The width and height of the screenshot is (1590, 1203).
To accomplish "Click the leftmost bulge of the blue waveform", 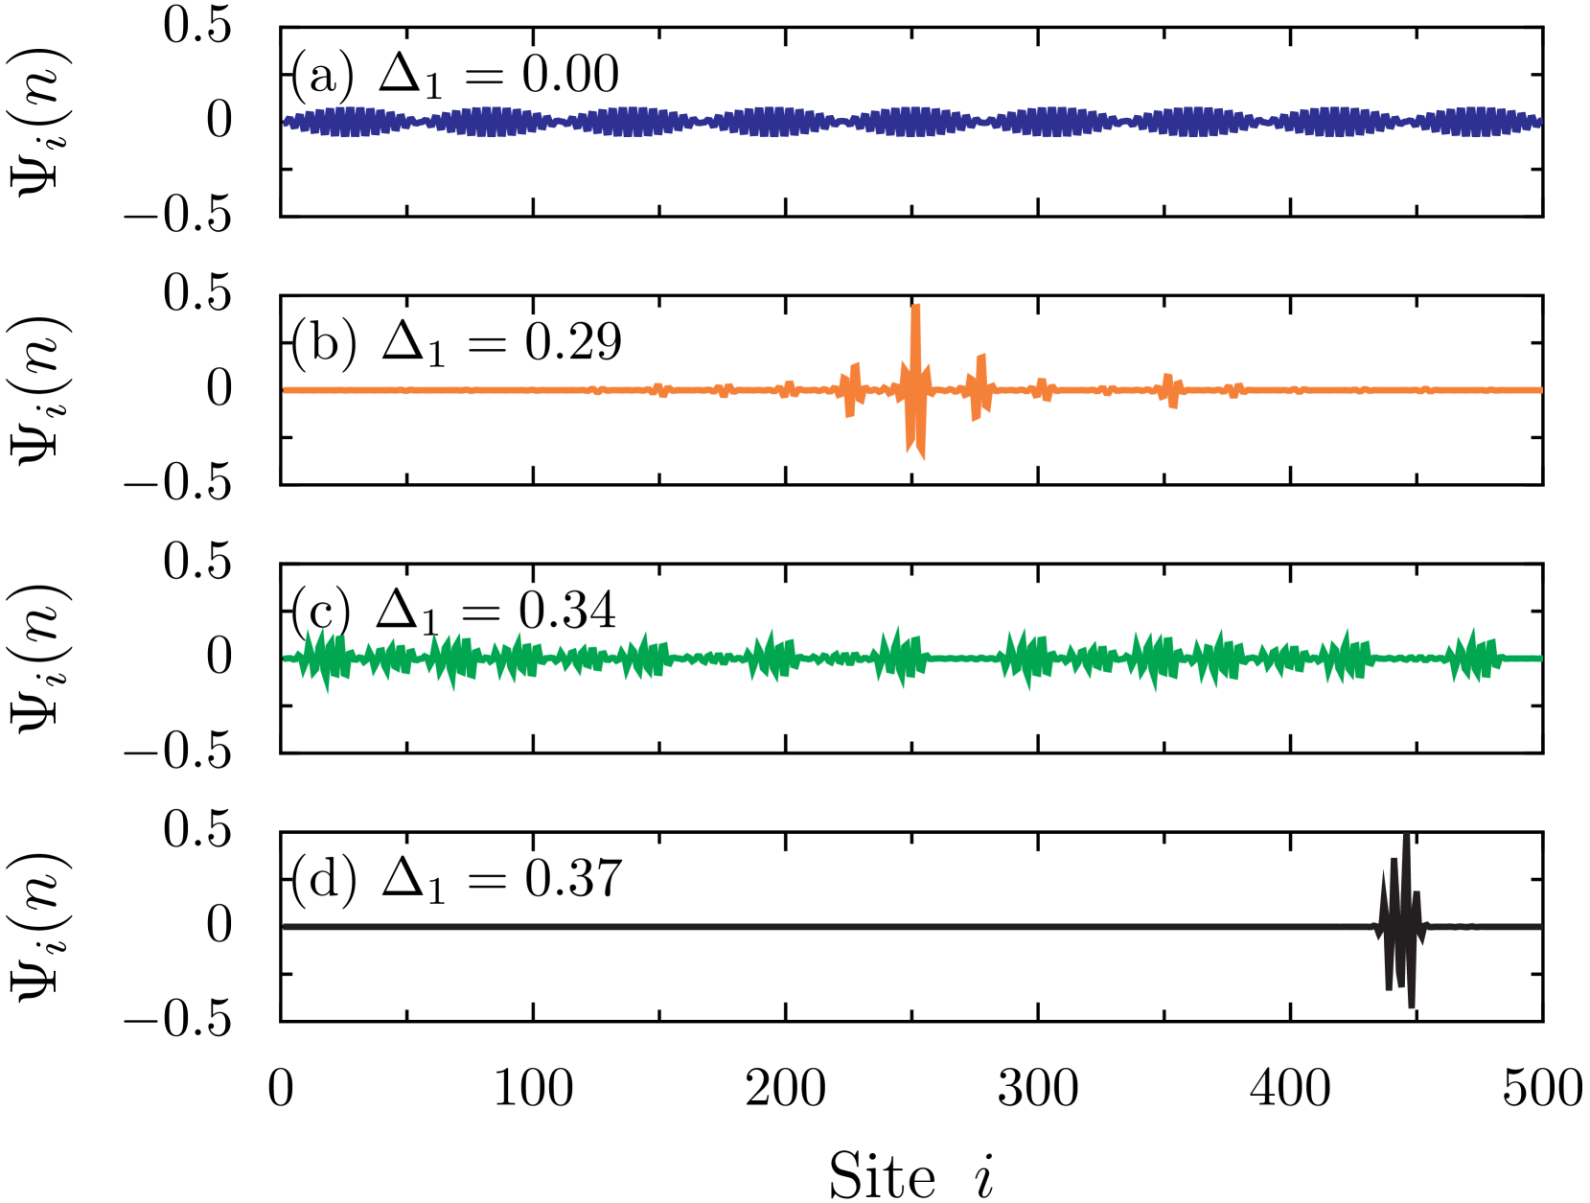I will coord(352,122).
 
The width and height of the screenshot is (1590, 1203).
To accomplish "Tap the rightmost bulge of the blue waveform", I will coord(1475,122).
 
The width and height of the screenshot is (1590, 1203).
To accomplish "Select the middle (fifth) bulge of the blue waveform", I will coord(913,122).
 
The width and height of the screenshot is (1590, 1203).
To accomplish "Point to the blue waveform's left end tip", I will coord(286,122).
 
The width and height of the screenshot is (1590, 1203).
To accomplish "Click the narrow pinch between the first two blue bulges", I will coord(422,122).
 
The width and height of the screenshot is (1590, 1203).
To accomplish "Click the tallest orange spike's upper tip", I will coord(916,306).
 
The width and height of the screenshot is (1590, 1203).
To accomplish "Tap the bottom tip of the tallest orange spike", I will coord(922,458).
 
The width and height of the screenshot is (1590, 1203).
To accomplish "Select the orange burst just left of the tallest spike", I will coord(851,389).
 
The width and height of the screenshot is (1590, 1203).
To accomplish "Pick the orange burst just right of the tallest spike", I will coord(979,389).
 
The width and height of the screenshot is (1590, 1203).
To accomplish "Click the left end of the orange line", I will coord(286,390).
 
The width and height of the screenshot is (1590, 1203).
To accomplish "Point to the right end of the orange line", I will coord(1539,390).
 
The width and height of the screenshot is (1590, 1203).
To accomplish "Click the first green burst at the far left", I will coord(323,659).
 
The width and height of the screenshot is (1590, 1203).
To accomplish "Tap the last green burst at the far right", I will coord(1473,658).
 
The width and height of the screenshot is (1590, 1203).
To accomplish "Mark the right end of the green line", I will coord(1539,659).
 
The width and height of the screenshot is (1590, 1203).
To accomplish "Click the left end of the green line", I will coord(286,659).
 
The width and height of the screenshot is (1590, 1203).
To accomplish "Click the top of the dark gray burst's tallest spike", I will coord(1406,835).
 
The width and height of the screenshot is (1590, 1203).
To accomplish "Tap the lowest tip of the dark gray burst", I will coord(1412,1006).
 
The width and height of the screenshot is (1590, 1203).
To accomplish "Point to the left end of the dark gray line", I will coord(286,927).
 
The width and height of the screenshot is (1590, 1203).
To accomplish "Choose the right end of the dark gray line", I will coord(1539,927).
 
